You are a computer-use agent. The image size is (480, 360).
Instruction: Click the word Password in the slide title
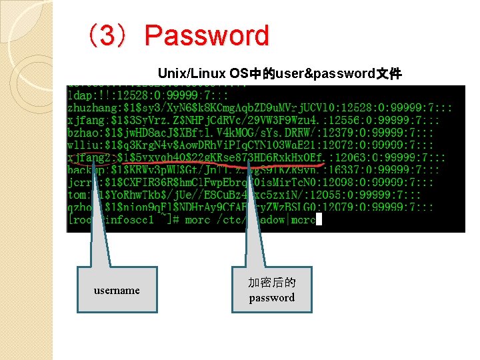click(x=207, y=36)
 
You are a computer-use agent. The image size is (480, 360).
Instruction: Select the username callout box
click(x=117, y=290)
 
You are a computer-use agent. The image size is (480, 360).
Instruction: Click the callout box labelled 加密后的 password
click(x=271, y=291)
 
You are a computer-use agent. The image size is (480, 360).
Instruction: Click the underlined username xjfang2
click(x=89, y=158)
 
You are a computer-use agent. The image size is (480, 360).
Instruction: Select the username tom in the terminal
click(x=77, y=195)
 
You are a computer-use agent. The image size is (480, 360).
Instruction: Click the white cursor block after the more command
click(x=319, y=219)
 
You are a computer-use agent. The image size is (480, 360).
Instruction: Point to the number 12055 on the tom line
click(x=325, y=195)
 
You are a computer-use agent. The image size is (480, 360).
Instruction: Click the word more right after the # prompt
click(x=197, y=219)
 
